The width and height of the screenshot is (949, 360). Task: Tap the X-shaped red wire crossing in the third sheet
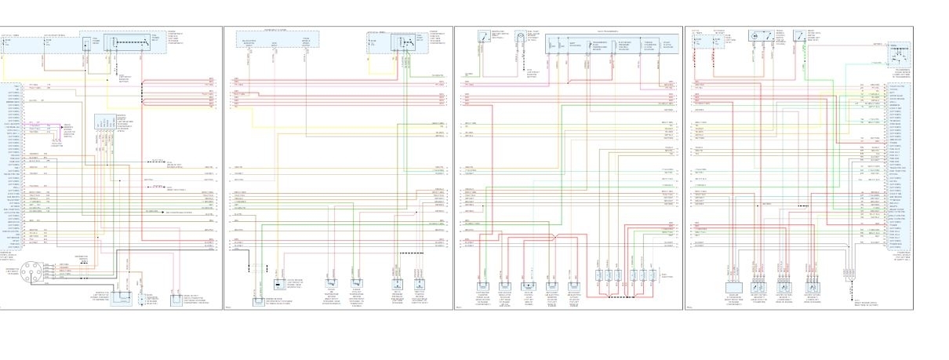point(554,236)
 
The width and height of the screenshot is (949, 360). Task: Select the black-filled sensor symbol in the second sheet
point(279,285)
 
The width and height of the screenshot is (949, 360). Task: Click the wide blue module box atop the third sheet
point(614,45)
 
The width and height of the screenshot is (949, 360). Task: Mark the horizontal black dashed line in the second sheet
point(407,253)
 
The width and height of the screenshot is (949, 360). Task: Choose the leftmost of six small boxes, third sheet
point(598,277)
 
